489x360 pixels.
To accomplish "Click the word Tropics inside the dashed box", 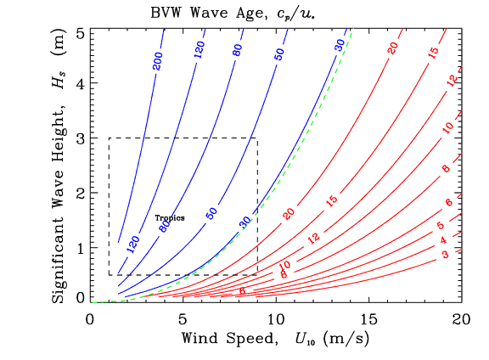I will [x=170, y=218].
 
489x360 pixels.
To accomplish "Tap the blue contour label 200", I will [x=157, y=62].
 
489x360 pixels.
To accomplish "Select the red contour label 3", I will [x=444, y=256].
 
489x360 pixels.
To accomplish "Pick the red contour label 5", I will [x=440, y=226].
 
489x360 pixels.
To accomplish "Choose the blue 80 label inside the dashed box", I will [x=166, y=226].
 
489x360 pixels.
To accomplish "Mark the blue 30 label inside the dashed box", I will [x=245, y=222].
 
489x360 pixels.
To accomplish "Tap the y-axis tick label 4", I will [x=80, y=82].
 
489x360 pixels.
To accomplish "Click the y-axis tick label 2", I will [x=80, y=193].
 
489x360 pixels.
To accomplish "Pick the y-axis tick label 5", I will [x=80, y=33].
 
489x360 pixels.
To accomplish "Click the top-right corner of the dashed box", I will [x=257, y=138].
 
